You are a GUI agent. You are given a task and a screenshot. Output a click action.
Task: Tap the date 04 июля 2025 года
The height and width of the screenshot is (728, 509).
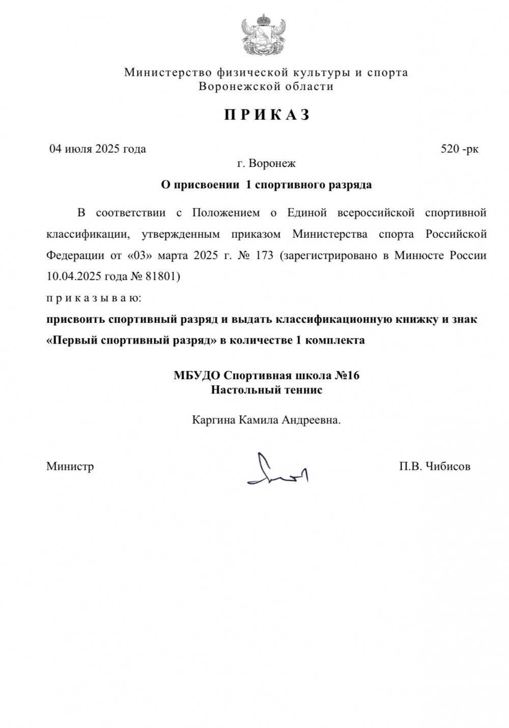click(97, 149)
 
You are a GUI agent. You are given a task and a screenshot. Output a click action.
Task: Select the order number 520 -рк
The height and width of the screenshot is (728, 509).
click(459, 149)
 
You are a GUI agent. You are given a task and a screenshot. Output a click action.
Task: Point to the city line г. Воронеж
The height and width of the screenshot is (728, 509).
click(266, 164)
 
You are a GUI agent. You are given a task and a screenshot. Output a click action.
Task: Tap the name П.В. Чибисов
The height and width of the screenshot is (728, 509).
click(435, 466)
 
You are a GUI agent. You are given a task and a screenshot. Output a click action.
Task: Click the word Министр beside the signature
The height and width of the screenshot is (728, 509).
click(70, 466)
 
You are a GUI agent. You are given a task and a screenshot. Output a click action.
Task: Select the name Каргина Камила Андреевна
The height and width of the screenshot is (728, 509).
click(266, 421)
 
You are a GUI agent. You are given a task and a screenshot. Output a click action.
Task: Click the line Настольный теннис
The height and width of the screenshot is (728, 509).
click(267, 390)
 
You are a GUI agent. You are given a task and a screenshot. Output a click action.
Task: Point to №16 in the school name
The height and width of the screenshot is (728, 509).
click(347, 376)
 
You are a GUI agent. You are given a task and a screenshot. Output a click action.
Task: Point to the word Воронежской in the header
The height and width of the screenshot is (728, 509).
click(232, 87)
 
